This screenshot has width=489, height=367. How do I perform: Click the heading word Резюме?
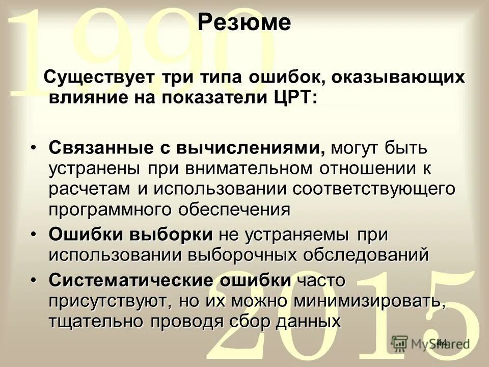244,23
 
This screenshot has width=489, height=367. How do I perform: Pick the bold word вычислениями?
250,148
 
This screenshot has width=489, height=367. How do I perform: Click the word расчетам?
90,188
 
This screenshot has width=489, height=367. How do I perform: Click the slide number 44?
442,342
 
